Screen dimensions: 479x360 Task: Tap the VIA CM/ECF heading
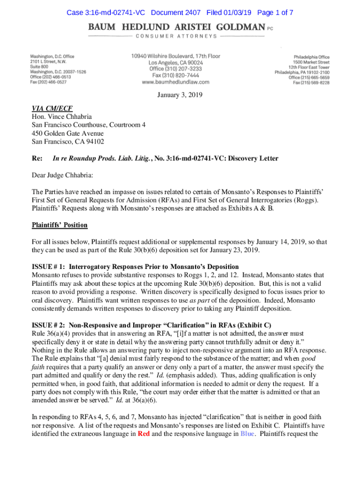[52, 109]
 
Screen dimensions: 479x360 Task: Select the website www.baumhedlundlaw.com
[175, 82]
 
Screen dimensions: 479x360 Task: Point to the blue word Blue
[247, 434]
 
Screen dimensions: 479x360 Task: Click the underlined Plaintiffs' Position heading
[59, 225]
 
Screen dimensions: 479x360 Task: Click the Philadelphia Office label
[311, 57]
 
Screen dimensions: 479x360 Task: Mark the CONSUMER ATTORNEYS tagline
[177, 36]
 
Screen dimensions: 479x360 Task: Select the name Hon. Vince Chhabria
[62, 116]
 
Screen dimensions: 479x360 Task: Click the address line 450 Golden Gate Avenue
[67, 133]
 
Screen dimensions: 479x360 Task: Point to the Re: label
[37, 159]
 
